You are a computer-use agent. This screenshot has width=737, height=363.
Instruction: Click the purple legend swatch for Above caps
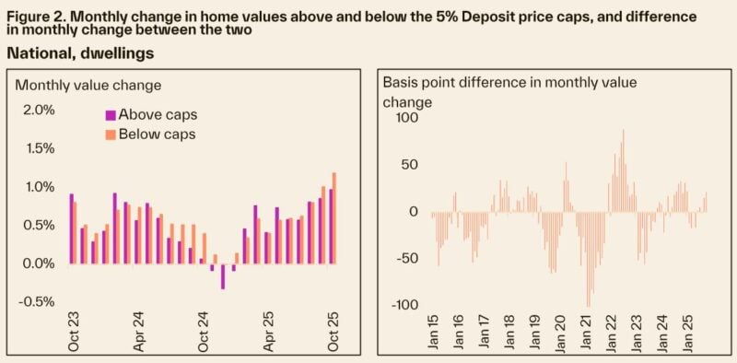pos(110,115)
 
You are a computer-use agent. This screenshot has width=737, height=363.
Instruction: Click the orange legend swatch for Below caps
pos(110,135)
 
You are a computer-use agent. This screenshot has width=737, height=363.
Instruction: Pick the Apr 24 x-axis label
pos(137,334)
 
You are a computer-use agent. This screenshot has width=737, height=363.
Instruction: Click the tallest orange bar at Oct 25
pos(334,217)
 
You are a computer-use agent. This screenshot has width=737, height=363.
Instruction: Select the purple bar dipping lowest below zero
pos(223,276)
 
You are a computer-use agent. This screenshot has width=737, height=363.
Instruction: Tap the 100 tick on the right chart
pos(406,118)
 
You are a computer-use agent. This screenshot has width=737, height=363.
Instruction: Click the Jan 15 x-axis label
pos(431,335)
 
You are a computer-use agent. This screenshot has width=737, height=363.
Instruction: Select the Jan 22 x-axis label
pos(610,335)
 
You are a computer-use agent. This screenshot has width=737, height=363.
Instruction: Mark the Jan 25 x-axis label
pos(686,335)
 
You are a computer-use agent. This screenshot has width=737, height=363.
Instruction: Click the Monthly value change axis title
pos(88,85)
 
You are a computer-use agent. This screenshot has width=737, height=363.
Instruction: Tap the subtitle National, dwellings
pos(80,53)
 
